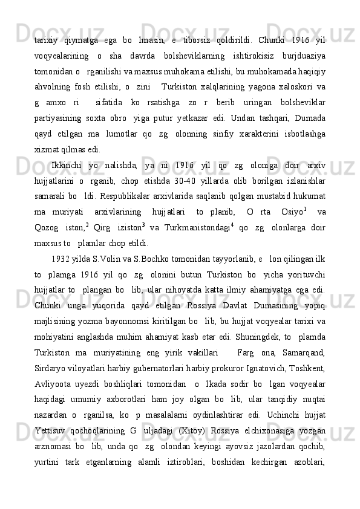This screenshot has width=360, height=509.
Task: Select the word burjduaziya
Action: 299,57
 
